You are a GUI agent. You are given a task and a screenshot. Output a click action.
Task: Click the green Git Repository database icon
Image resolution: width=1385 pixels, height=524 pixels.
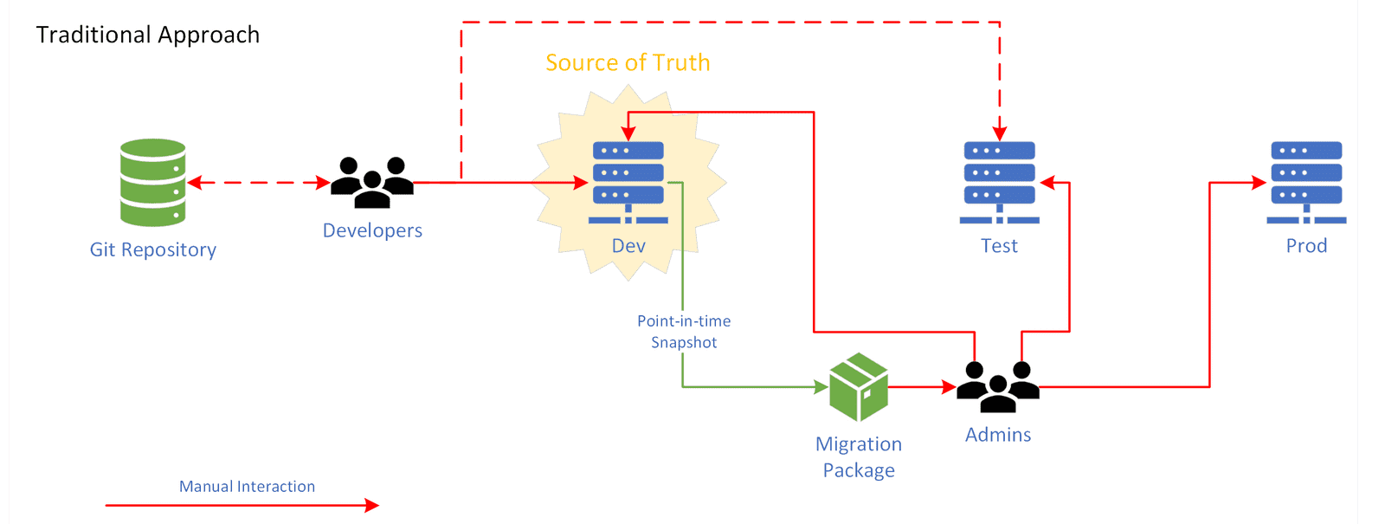coord(153,183)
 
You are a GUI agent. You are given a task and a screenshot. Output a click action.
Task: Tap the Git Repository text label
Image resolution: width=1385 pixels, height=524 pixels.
coord(153,249)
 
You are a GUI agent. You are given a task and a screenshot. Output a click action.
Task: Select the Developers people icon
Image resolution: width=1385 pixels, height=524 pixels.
coord(372,182)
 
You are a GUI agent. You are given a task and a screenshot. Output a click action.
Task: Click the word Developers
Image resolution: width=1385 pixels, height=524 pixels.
coord(372,230)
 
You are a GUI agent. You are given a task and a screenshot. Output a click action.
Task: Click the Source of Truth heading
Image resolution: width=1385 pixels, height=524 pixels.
coord(628,63)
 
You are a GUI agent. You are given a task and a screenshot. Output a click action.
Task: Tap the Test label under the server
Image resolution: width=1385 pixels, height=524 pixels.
coord(999,246)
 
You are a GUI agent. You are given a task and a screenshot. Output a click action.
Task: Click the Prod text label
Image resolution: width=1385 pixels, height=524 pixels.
coord(1306,246)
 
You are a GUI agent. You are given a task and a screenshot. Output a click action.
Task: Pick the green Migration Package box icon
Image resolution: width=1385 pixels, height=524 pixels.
coord(859,387)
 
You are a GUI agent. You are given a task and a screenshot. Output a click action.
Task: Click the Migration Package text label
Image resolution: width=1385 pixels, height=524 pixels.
coord(859,456)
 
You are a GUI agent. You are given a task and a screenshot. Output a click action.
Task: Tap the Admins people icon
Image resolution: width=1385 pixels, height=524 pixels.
coord(998,386)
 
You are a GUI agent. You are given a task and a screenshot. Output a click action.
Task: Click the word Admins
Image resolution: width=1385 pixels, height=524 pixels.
coord(998,435)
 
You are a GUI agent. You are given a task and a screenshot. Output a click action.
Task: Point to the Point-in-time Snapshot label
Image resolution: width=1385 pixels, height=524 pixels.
coord(684,332)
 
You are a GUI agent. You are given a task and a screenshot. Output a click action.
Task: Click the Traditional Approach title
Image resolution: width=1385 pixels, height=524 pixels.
coord(148,35)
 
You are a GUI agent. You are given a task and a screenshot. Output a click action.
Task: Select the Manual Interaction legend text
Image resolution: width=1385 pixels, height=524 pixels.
coord(247,487)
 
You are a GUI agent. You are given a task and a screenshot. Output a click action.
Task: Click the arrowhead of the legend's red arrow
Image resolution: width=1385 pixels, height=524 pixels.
coord(372,505)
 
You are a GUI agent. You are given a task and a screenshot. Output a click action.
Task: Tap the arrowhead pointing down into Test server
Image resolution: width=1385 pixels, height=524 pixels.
coord(1000,133)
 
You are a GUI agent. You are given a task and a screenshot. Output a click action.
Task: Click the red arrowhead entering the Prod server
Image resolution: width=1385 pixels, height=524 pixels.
coord(1259,183)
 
